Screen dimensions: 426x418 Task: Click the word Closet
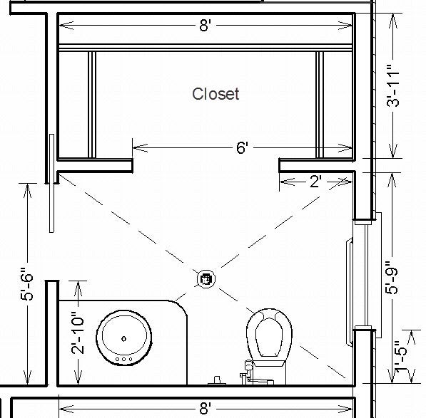pyautogui.click(x=215, y=94)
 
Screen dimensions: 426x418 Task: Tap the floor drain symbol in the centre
pyautogui.click(x=206, y=279)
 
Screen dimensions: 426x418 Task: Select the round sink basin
pyautogui.click(x=124, y=338)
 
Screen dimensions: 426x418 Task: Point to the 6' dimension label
pyautogui.click(x=242, y=148)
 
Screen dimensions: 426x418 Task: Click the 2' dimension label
pyautogui.click(x=315, y=182)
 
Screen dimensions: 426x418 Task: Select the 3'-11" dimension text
pyautogui.click(x=393, y=85)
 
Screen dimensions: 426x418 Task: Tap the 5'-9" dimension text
pyautogui.click(x=392, y=277)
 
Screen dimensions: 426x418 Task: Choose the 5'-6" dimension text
pyautogui.click(x=27, y=284)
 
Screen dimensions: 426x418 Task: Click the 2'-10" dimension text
pyautogui.click(x=78, y=333)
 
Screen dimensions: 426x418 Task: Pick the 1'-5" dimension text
pyautogui.click(x=401, y=356)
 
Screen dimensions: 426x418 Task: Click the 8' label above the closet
pyautogui.click(x=205, y=26)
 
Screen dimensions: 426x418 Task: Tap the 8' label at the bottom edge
pyautogui.click(x=205, y=408)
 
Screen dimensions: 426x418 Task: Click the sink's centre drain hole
pyautogui.click(x=124, y=338)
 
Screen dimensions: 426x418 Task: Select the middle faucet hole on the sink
pyautogui.click(x=124, y=359)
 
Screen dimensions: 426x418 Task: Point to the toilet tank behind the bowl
pyautogui.click(x=269, y=372)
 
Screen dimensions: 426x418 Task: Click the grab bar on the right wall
pyautogui.click(x=350, y=292)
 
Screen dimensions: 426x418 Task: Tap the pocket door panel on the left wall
pyautogui.click(x=51, y=183)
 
